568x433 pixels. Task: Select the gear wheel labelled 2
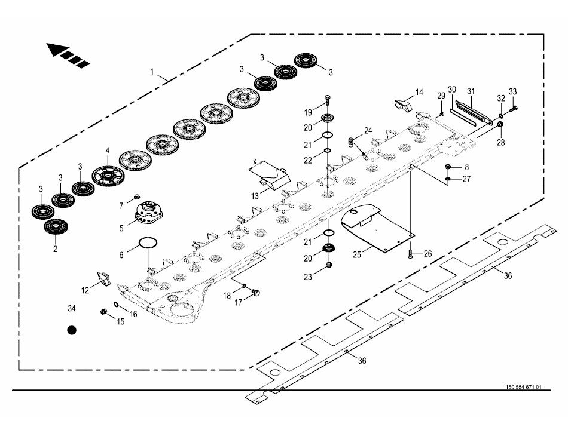tap(56, 228)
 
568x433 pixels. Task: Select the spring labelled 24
tap(353, 142)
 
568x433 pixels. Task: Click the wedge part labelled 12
tap(103, 280)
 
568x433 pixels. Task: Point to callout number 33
tap(513, 91)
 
